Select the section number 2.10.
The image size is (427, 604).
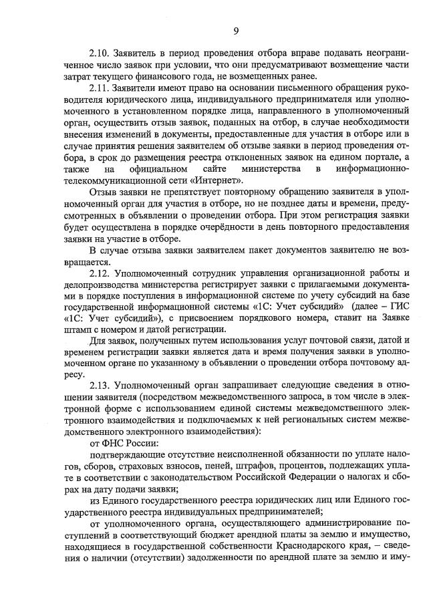coord(100,51)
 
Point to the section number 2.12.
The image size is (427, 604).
coord(100,273)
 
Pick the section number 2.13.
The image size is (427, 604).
coord(100,386)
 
